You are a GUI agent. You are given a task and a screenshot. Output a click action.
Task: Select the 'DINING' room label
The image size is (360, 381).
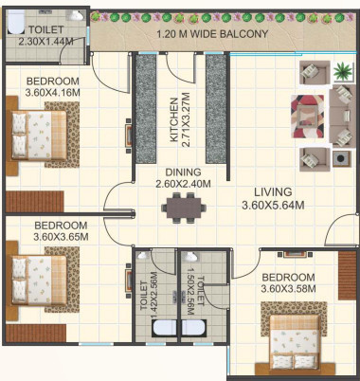tap(184, 172)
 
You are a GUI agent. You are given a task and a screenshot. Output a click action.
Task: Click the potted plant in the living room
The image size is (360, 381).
tap(342, 70)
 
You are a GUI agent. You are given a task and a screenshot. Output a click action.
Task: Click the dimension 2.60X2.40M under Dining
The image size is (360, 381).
tap(184, 184)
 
